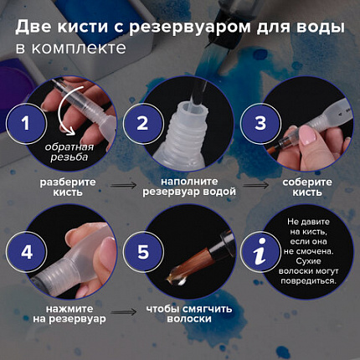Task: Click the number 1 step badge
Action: [x=25, y=124]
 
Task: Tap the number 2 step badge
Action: [x=141, y=124]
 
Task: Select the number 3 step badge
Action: [x=260, y=124]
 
